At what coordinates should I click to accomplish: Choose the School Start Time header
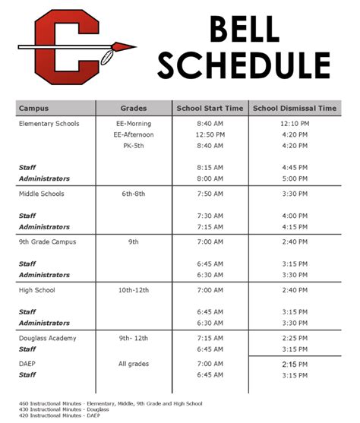(210, 109)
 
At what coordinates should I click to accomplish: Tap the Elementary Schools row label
(49, 123)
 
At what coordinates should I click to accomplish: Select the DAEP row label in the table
(27, 364)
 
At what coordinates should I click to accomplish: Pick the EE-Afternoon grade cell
(134, 134)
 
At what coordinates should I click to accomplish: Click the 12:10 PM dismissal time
(294, 123)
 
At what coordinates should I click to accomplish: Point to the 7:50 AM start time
(210, 194)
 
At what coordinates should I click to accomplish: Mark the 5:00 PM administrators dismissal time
(294, 178)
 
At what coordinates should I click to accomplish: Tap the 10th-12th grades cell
(134, 290)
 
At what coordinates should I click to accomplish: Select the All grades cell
(134, 364)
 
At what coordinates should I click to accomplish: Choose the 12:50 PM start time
(210, 134)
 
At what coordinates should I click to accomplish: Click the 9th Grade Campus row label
(47, 241)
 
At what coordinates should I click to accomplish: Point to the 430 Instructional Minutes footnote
(67, 409)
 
